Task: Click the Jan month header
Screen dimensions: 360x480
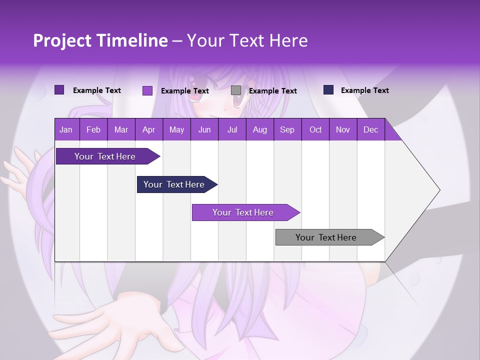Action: (66, 130)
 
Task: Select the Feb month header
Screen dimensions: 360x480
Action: (93, 130)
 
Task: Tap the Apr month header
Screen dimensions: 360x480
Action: (148, 130)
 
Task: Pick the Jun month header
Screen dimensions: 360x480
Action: (204, 130)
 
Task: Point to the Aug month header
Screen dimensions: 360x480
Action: (259, 130)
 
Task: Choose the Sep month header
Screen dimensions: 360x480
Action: (287, 130)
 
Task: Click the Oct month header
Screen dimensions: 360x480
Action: (315, 130)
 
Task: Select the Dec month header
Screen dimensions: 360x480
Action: (370, 130)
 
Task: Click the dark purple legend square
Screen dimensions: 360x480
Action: (59, 90)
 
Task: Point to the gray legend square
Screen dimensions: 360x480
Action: (236, 90)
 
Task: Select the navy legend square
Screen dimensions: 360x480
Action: (328, 90)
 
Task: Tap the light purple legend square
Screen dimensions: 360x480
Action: (147, 90)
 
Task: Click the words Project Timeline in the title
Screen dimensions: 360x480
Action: (100, 40)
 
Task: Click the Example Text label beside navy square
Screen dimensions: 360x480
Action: (364, 90)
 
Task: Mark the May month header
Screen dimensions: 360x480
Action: (176, 130)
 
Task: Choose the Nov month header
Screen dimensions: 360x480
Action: (342, 130)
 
